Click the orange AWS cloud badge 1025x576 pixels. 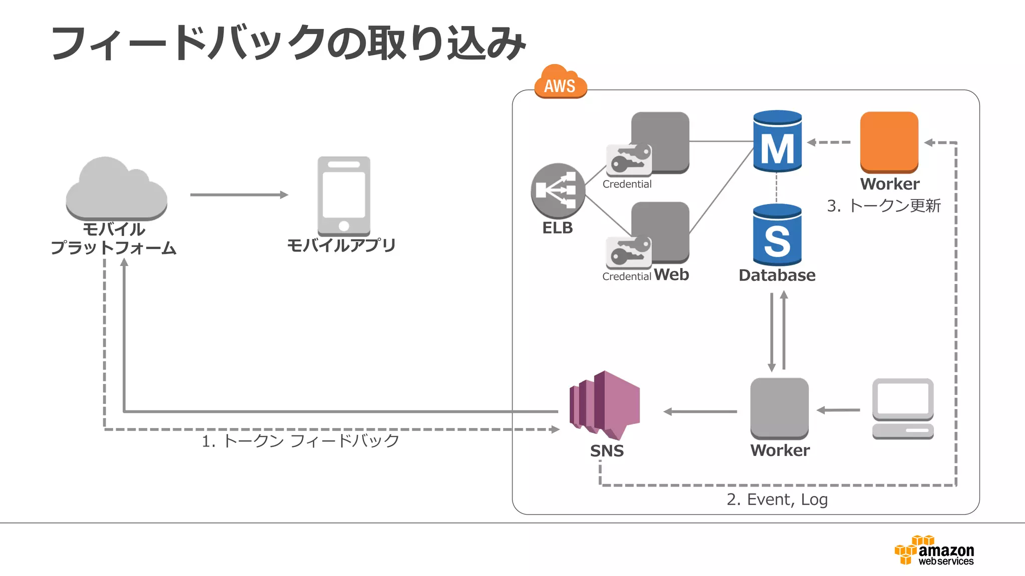click(560, 82)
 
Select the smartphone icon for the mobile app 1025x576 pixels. click(344, 196)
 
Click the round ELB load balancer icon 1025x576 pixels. click(558, 190)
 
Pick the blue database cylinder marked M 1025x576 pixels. click(777, 141)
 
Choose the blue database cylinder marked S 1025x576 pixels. click(777, 235)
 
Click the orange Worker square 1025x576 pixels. click(889, 142)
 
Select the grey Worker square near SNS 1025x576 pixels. click(779, 408)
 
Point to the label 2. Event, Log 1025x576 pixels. click(777, 499)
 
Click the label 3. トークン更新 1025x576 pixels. click(883, 205)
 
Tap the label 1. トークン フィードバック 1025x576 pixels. click(300, 440)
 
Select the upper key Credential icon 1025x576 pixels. click(629, 160)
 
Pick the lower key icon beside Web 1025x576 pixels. click(629, 252)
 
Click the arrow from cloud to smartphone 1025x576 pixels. click(239, 194)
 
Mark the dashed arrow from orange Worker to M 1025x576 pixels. click(829, 142)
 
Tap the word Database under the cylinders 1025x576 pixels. click(777, 275)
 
